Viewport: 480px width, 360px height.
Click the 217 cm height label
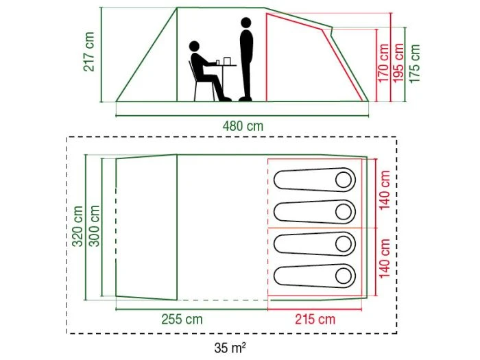coord(89,51)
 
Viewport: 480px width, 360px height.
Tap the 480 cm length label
coord(243,125)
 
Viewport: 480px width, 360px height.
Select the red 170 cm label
coord(383,63)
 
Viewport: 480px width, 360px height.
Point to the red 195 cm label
coord(398,63)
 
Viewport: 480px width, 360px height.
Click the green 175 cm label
coord(414,63)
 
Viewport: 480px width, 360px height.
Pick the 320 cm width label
coord(77,226)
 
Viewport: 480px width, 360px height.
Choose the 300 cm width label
coord(94,226)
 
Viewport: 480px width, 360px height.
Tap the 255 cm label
coord(182,320)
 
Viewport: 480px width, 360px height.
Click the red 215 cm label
coord(315,320)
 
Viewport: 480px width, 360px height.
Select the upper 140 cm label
coord(385,190)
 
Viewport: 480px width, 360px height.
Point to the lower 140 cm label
coord(385,259)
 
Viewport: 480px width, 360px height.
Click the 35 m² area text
coord(230,348)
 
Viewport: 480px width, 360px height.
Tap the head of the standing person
coord(245,23)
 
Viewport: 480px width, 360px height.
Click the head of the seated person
coord(194,47)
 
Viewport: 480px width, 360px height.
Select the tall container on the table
coord(227,61)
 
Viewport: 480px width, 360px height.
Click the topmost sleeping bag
coord(314,180)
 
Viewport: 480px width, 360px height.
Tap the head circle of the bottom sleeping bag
coord(344,276)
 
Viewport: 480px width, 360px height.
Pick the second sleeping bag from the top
coord(314,212)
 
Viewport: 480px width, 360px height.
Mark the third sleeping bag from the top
coord(314,244)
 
